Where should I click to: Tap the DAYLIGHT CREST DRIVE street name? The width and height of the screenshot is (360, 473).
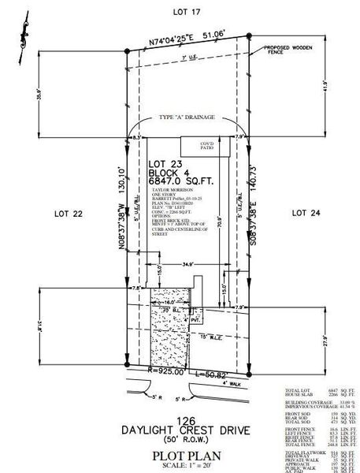(x=187, y=430)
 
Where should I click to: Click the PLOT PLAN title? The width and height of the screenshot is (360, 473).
(x=187, y=456)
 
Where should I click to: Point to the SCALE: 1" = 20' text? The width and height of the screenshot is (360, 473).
(x=187, y=465)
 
